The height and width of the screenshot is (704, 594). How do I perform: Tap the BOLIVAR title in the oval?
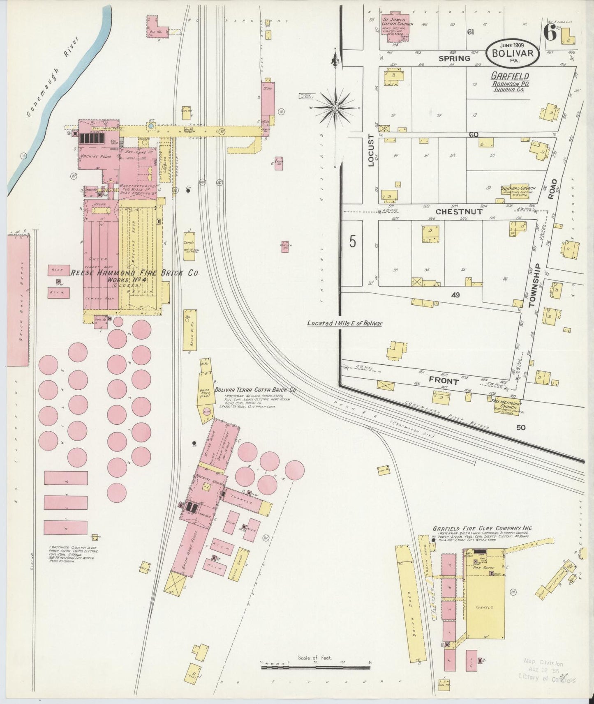(x=512, y=53)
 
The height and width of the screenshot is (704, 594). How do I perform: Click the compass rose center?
(x=335, y=108)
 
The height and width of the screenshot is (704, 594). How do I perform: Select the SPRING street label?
(x=454, y=58)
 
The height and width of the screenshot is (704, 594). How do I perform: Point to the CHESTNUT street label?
(x=459, y=212)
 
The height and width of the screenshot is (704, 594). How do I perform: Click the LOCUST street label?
(x=372, y=150)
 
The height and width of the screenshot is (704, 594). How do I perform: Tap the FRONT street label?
(x=444, y=381)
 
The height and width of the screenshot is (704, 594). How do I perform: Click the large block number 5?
(x=353, y=242)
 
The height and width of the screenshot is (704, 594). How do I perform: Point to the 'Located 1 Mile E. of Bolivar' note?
(x=344, y=323)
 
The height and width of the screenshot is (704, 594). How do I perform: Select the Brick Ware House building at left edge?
(x=18, y=300)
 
